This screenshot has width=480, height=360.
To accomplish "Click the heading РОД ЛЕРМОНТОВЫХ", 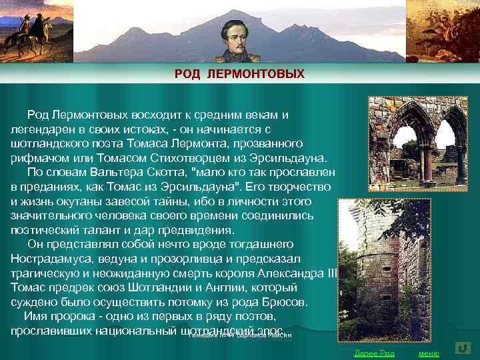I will (x=239, y=73).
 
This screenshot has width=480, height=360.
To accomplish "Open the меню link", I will (x=428, y=353).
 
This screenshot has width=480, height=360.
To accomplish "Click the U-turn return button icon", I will (x=463, y=348).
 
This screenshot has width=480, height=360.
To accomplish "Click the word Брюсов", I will (x=286, y=301).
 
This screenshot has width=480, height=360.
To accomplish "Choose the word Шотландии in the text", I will (x=174, y=287).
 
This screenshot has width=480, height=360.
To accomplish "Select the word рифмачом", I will (x=37, y=157).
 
